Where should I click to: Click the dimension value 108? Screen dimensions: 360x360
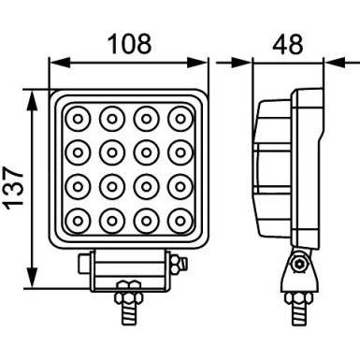127,42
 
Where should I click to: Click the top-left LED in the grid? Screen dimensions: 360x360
77,118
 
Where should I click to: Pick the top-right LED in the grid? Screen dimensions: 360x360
179,118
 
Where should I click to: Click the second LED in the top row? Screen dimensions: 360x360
111,118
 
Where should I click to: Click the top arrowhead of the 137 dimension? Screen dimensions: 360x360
35,96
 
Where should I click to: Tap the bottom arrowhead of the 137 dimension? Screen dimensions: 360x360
35,287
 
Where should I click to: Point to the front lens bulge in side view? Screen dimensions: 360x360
266,168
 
